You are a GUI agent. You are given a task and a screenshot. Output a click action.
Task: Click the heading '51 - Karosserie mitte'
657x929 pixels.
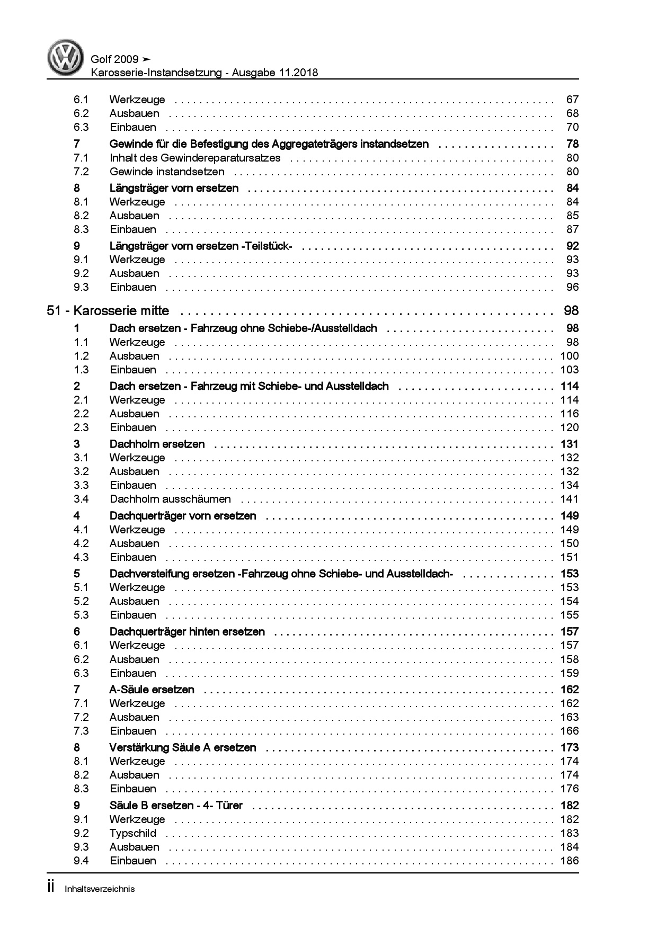[108, 311]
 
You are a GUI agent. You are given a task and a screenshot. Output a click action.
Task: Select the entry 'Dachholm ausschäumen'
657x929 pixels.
[170, 499]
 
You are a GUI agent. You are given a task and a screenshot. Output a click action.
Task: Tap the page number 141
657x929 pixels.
[569, 499]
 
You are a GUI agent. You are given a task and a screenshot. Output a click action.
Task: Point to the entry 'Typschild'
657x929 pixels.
[133, 833]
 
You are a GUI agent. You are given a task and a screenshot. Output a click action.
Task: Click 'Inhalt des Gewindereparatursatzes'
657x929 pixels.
[195, 158]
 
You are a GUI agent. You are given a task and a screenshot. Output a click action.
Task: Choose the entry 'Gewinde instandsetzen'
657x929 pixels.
[167, 172]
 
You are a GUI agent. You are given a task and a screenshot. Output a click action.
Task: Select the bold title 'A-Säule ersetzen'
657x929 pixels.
[152, 690]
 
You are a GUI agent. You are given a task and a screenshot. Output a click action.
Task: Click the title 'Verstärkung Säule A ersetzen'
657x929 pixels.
[183, 748]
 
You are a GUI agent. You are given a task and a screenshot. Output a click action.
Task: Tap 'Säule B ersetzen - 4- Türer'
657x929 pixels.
[176, 806]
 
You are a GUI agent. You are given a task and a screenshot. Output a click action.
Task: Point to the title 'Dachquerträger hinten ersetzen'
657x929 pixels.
[187, 632]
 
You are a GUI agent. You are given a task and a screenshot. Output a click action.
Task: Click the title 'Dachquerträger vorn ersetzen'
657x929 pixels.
[183, 516]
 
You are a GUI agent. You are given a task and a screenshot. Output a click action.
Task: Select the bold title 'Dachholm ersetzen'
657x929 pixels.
[157, 444]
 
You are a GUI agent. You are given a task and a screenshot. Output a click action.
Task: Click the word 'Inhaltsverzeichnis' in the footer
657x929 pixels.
[100, 889]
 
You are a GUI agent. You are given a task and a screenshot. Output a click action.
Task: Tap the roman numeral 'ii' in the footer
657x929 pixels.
[51, 888]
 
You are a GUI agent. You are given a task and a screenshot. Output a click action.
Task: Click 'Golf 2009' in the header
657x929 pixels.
[115, 59]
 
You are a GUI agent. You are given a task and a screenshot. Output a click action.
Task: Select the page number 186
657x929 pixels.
[569, 861]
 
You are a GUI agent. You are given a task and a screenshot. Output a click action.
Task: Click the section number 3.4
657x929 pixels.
[81, 499]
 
